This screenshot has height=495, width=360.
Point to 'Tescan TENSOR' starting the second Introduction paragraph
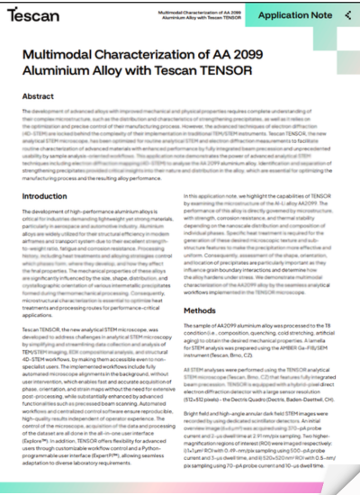coord(42,331)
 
